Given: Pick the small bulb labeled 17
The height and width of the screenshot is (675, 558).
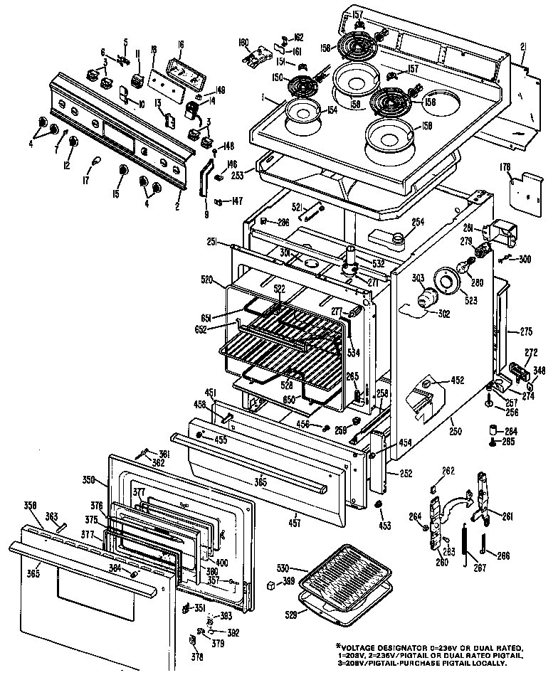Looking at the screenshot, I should click(90, 165).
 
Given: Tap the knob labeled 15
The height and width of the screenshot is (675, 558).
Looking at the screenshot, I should click(124, 170).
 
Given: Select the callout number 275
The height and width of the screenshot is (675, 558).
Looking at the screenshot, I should click(525, 331).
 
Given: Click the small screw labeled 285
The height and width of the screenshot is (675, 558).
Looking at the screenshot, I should click(492, 442).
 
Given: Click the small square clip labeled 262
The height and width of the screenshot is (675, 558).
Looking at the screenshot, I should click(433, 487).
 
